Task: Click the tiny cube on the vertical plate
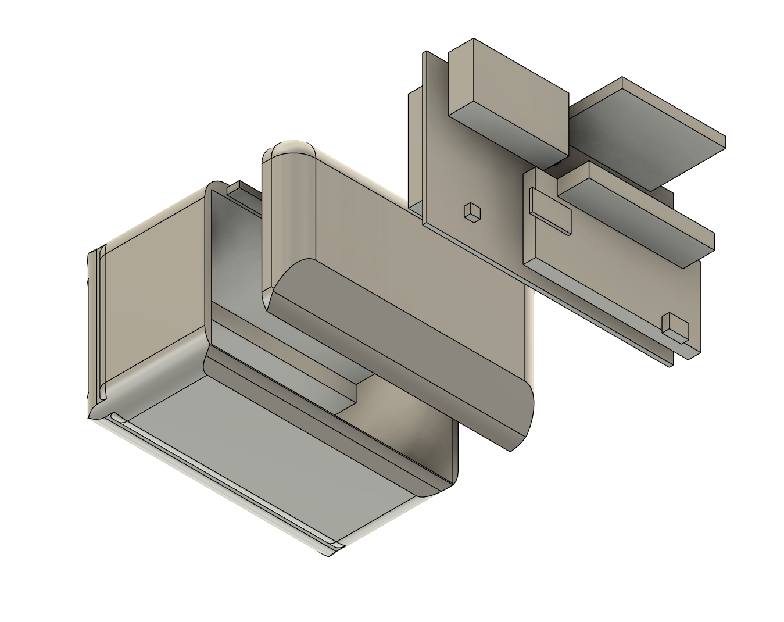[471, 212]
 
